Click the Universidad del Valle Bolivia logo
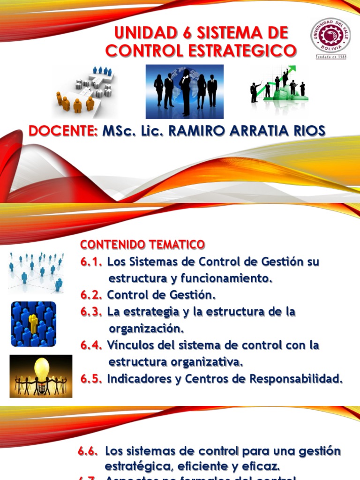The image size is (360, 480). coord(330,38)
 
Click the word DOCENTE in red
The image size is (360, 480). coord(63,131)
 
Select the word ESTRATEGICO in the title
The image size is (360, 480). coord(244,51)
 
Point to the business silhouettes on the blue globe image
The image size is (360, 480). coord(185,91)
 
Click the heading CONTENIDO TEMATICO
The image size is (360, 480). coord(142,245)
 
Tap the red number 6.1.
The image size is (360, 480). coord(91,262)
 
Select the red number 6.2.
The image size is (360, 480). coord(91,295)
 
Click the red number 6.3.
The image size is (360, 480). coord(91,312)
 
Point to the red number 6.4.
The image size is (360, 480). coord(91,345)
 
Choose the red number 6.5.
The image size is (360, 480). coord(91,379)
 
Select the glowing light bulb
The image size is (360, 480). coord(41,368)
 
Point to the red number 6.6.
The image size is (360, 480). coord(88,451)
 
